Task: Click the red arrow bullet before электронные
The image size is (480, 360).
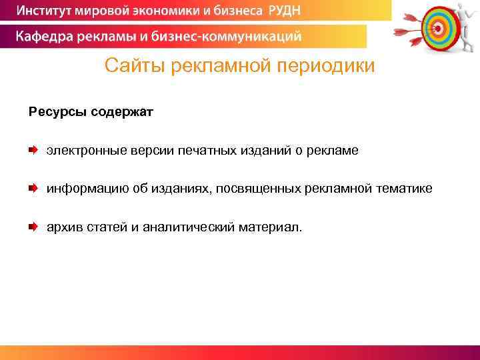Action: point(33,151)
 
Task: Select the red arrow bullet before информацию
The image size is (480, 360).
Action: point(33,189)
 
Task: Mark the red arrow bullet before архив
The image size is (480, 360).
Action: point(33,227)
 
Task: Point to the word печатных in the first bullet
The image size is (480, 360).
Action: point(211,151)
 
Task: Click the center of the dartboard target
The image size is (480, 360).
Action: point(437,28)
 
